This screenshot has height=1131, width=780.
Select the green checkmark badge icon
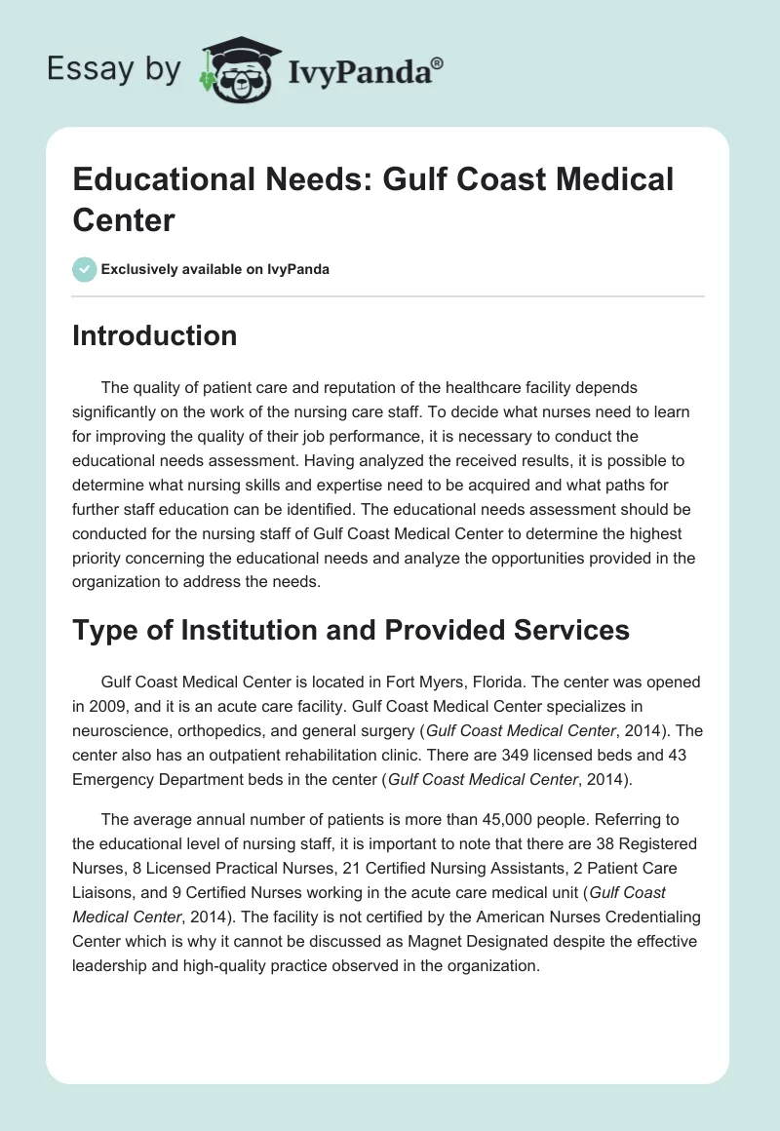[85, 269]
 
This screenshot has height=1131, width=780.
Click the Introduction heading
[155, 335]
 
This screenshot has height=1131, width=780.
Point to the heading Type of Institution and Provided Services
[351, 630]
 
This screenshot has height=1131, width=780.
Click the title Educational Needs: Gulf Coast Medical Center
[373, 199]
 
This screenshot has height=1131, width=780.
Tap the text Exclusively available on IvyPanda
[215, 270]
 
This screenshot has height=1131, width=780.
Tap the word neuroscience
[118, 731]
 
